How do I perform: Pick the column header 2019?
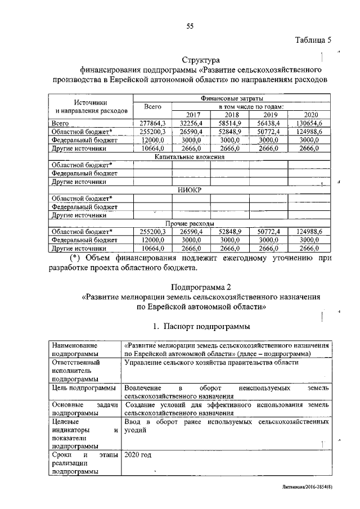pos(269,114)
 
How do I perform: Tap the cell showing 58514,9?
pos(230,123)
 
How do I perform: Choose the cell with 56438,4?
pos(269,123)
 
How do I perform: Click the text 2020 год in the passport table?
pos(138,454)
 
